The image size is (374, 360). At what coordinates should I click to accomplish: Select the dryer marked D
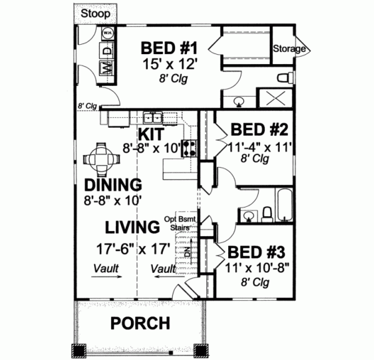[107, 50]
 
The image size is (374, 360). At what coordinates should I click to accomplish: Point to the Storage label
[289, 49]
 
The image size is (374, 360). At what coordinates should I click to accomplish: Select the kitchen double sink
[152, 117]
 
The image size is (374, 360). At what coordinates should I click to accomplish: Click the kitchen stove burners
[189, 148]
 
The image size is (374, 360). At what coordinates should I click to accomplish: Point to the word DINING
[113, 186]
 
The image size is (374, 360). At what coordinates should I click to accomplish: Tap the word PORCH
[140, 323]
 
